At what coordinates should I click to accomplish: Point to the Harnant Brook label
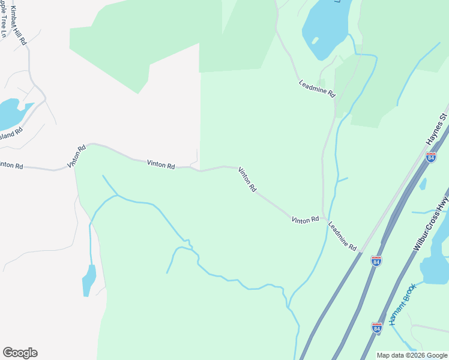coord(402,305)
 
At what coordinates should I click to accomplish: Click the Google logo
coord(20,353)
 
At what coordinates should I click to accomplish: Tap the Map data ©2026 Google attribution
coord(411,355)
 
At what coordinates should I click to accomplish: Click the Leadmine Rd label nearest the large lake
coord(317,89)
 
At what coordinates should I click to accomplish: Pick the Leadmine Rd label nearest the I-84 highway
coord(342,235)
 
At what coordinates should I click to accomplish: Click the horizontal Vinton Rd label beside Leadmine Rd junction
coord(305,220)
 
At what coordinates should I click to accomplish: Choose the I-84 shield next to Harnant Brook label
coord(376,328)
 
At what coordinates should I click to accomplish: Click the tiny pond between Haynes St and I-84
coord(423,184)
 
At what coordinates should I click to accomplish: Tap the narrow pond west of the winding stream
coord(89,280)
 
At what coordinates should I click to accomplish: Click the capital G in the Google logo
coord(8,353)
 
